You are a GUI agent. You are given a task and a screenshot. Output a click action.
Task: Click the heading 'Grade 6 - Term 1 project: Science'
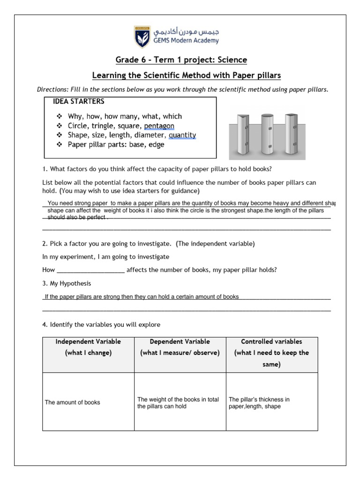coord(181,60)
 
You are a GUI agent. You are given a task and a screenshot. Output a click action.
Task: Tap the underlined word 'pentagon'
coord(159,126)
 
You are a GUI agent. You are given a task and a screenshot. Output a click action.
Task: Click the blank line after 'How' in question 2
coord(90,270)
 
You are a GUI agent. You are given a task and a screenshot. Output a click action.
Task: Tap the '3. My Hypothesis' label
coord(67,284)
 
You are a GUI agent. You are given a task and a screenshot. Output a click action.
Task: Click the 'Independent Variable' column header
coord(88,342)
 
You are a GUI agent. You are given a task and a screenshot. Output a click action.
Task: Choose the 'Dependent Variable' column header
coord(180,342)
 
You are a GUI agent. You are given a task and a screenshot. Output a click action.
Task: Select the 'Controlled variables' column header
coord(271,342)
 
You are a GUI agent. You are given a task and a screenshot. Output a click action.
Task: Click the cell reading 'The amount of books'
coord(72,402)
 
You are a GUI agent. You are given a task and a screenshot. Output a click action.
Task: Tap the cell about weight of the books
coord(178,403)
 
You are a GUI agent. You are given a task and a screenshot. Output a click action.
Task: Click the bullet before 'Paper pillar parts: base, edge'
coord(60,145)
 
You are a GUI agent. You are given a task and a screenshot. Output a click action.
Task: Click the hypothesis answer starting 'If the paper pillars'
coord(141,297)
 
